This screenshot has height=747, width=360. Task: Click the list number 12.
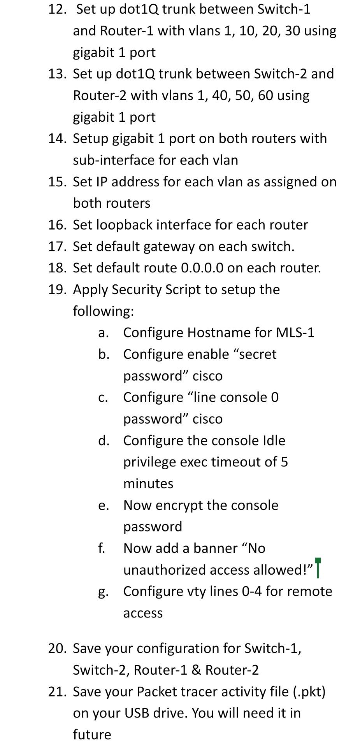57,9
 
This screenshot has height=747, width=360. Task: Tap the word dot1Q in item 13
135,74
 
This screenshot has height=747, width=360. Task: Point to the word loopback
124,225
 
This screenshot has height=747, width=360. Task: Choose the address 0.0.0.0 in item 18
202,268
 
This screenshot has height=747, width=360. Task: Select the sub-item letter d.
103,441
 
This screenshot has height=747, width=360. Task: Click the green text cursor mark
318,568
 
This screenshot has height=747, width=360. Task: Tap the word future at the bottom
92,735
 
